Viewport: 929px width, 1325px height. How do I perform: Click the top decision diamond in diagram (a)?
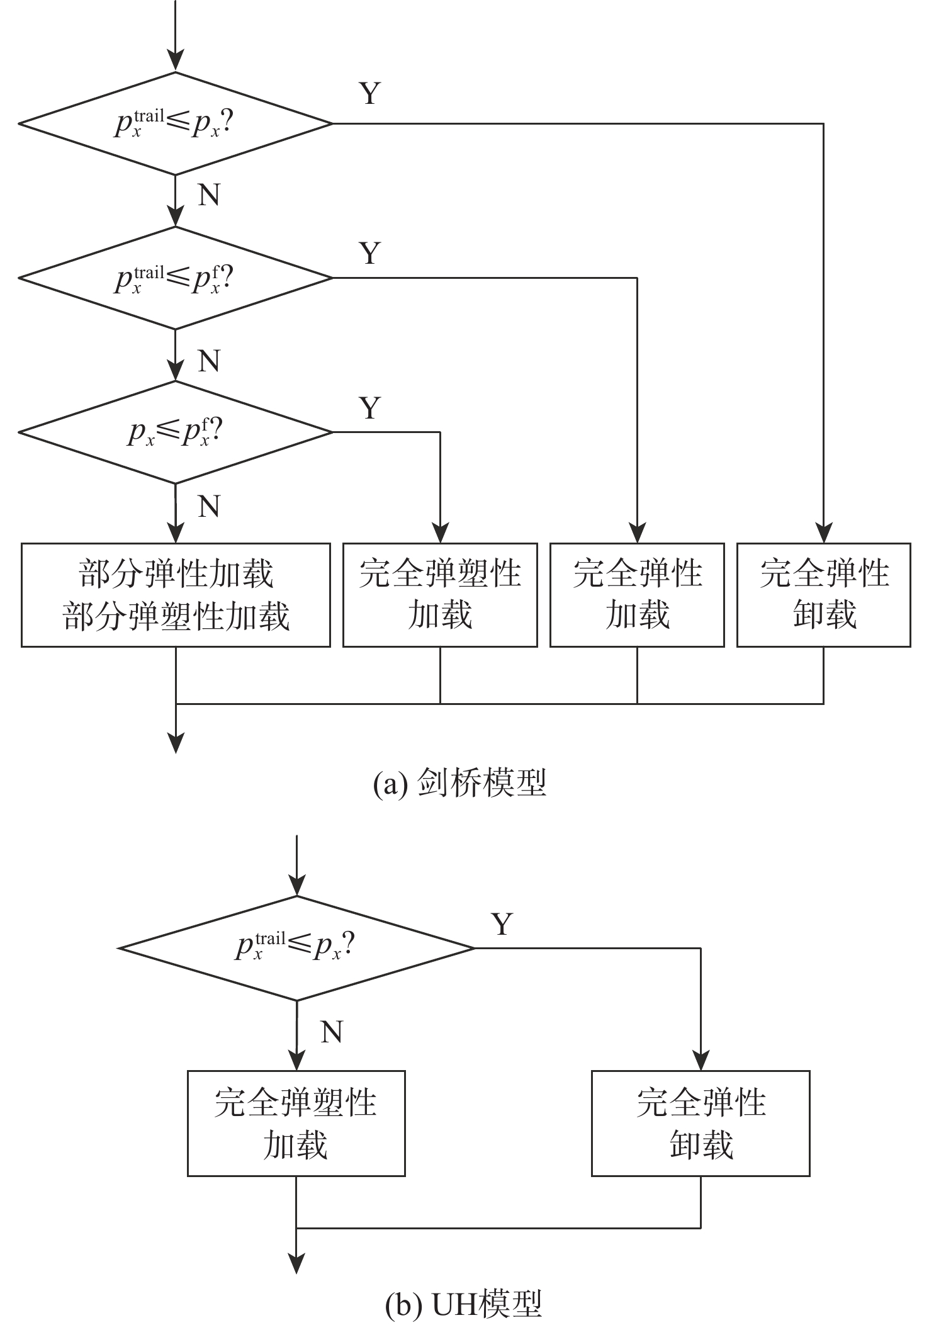[x=176, y=123]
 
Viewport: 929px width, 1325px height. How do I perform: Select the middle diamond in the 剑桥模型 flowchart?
[x=176, y=278]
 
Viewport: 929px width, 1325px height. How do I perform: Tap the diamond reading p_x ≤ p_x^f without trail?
[x=176, y=432]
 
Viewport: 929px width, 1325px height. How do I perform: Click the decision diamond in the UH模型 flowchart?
[x=296, y=948]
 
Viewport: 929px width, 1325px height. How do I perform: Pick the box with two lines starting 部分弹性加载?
[x=176, y=595]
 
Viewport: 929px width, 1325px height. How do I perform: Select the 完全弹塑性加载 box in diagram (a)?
[x=440, y=595]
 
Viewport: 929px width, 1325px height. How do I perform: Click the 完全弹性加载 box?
[x=637, y=595]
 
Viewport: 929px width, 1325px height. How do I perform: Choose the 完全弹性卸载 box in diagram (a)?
[x=823, y=595]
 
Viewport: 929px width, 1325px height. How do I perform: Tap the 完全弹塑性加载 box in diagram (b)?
[x=296, y=1123]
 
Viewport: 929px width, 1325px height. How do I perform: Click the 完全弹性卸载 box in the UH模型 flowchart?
[x=701, y=1123]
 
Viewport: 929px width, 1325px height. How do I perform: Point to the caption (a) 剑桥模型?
[x=459, y=784]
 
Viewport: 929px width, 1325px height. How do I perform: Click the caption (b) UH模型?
[x=463, y=1304]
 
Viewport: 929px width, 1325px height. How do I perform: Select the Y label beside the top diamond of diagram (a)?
[x=370, y=94]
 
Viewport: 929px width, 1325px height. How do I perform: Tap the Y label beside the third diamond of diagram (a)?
[x=370, y=408]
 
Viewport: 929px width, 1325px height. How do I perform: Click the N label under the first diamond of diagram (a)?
[x=209, y=195]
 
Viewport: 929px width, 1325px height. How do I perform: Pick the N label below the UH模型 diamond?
[x=331, y=1032]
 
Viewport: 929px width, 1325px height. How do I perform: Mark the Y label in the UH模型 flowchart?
[x=502, y=924]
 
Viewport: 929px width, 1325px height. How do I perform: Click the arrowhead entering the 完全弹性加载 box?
[x=637, y=534]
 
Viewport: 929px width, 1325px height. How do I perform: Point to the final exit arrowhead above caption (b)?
[x=296, y=1263]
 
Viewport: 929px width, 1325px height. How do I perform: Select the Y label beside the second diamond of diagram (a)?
[x=370, y=253]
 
